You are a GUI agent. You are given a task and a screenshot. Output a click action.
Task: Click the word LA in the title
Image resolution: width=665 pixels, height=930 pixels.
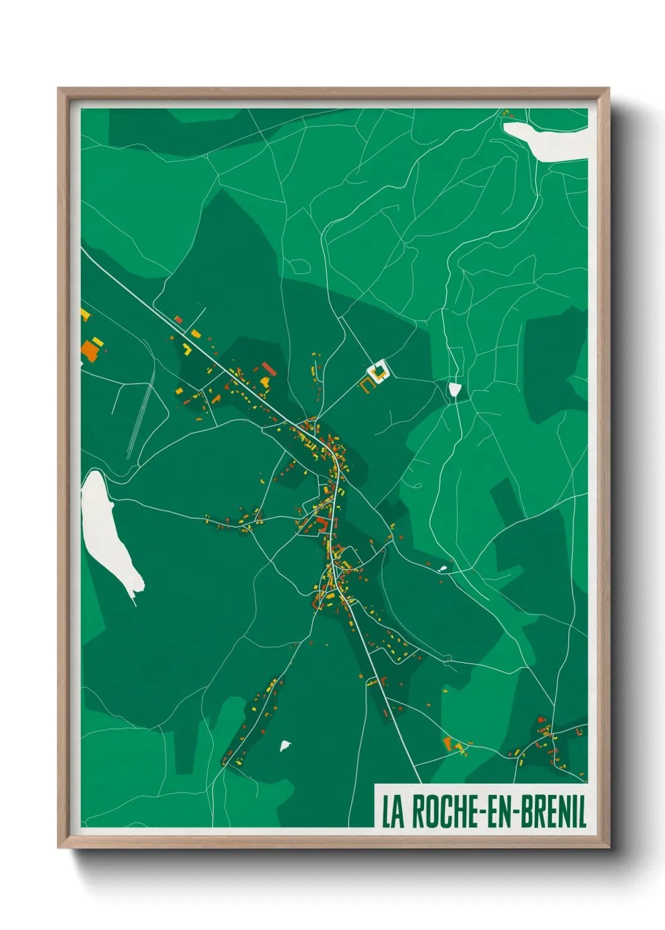coord(392,812)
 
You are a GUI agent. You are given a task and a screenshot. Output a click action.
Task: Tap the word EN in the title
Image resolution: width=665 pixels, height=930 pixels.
coord(500,812)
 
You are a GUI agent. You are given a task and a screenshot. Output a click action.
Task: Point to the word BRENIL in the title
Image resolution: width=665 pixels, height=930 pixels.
coord(553,812)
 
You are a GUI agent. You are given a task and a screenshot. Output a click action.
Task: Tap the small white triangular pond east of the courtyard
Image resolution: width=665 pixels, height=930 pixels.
coord(454,390)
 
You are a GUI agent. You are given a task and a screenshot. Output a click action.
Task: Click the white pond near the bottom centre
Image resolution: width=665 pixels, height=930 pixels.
coord(285,746)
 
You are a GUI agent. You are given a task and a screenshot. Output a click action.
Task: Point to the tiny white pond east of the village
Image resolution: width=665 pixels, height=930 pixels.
coord(442,569)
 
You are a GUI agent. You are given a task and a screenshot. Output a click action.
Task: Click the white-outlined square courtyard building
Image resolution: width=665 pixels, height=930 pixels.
coord(378,371)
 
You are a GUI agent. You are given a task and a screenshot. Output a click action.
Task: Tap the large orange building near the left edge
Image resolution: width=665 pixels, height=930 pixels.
coord(91,350)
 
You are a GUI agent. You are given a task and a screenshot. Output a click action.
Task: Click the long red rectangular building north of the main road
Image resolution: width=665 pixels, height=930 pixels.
coord(268,368)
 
